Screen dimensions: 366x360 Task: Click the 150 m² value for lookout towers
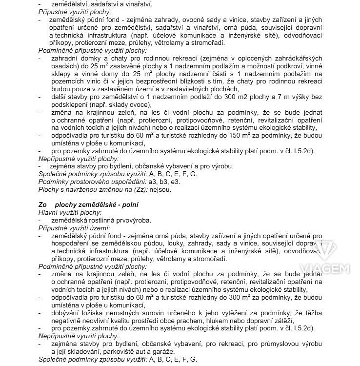tap(272, 136)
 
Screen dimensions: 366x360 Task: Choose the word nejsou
tap(161, 189)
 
